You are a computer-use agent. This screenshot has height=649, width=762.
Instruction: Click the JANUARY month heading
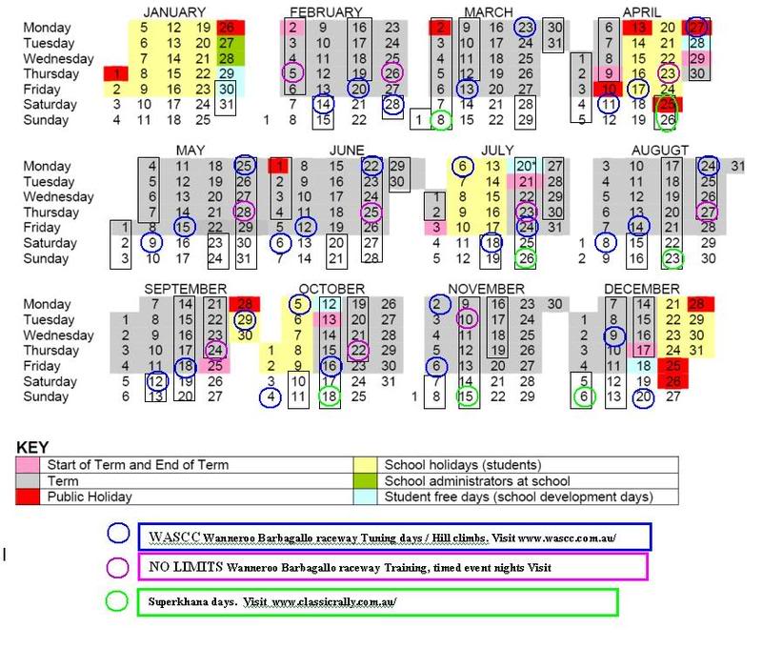[x=174, y=11]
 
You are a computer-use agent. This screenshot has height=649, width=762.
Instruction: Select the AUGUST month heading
[x=659, y=151]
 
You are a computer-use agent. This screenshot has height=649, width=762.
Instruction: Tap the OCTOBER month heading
[x=331, y=289]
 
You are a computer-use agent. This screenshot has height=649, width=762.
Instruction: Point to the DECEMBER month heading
[x=641, y=289]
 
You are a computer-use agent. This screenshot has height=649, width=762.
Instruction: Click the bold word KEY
[x=32, y=446]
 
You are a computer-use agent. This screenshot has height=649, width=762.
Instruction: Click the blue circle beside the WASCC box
[x=118, y=534]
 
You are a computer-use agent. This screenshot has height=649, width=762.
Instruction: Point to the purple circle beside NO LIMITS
[x=118, y=567]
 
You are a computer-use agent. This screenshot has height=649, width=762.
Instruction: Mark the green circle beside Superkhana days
[x=118, y=601]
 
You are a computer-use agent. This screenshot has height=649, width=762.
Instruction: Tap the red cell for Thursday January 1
[x=116, y=73]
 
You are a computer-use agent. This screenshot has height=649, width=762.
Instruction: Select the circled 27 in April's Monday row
[x=697, y=28]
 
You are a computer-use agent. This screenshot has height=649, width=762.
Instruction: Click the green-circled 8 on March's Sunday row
[x=440, y=120]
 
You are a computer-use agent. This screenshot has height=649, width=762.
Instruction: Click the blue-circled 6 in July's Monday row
[x=463, y=166]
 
